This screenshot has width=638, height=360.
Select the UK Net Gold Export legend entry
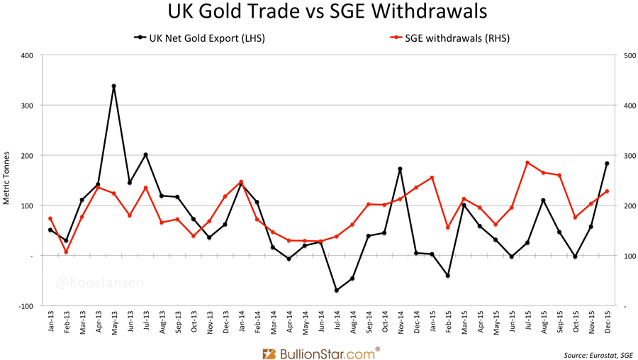point(201,38)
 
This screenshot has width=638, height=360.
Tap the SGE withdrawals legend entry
point(451,38)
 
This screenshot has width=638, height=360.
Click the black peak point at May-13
point(113,86)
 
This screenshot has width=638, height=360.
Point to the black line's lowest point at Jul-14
point(337,291)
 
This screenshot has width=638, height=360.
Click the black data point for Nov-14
point(401,169)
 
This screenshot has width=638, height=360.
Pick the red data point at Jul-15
point(527,162)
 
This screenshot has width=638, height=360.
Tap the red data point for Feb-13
point(66,252)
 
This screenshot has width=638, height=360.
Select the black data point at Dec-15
point(607,164)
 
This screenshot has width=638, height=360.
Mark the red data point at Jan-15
point(432,178)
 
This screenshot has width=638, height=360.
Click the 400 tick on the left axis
point(27,55)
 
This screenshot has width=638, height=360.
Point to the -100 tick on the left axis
point(26,306)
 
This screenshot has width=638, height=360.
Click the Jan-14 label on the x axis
point(241,323)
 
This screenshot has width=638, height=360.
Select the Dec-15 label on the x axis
point(608,323)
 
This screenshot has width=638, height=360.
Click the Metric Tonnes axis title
point(6,178)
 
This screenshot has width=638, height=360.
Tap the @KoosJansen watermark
point(100,283)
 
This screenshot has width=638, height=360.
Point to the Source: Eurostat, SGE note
point(598,354)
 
